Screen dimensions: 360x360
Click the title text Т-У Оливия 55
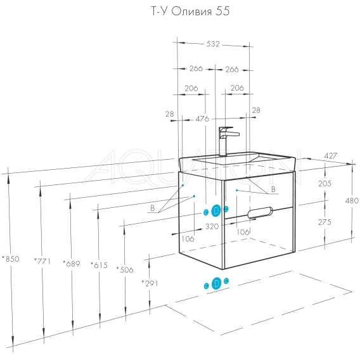[x=190, y=11]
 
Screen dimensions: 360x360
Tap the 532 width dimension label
[x=213, y=44]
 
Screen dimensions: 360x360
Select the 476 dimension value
[x=202, y=119]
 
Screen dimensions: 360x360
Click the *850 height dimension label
[x=11, y=259]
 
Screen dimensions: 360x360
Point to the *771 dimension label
[x=42, y=261]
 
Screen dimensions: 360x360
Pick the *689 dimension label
[x=72, y=264]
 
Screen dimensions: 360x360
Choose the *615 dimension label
[x=99, y=266]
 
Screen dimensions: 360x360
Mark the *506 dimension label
[x=125, y=269]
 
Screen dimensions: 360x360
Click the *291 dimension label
[x=150, y=284]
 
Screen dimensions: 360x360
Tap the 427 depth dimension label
[x=331, y=156]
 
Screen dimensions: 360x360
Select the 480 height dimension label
[x=352, y=201]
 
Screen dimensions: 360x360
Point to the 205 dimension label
[x=325, y=183]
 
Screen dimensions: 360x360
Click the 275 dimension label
[x=325, y=222]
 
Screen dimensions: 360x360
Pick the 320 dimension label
[x=212, y=227]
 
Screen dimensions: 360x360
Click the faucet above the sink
[x=227, y=141]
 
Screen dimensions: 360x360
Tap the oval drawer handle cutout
[x=260, y=212]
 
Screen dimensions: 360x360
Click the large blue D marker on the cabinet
[x=216, y=210]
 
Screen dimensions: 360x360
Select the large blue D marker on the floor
[x=216, y=283]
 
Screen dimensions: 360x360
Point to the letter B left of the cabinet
[x=153, y=208]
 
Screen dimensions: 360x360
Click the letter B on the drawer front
[x=273, y=190]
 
